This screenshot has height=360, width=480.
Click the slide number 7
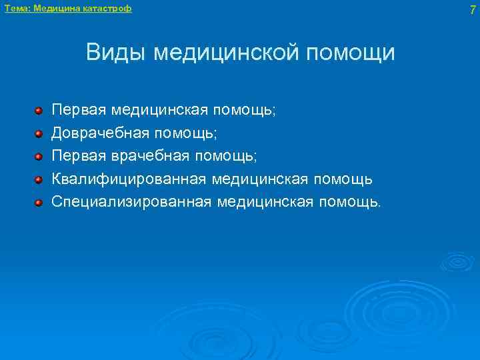coord(472,9)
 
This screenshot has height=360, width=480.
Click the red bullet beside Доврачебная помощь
coord(39,133)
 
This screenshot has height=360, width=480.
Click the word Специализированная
coord(131,201)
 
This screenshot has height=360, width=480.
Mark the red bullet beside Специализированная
coord(39,201)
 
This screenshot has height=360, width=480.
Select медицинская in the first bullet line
coord(164,111)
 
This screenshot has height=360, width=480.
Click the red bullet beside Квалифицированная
coord(39,179)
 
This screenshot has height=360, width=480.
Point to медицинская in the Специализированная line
coord(267,201)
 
